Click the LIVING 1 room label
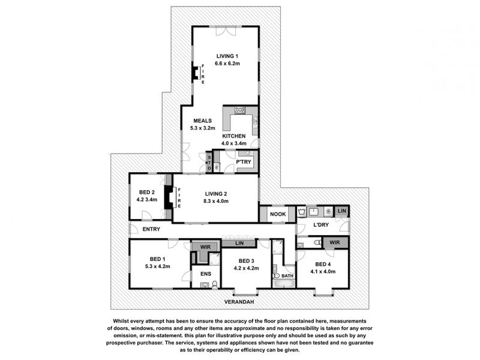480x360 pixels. click(x=227, y=56)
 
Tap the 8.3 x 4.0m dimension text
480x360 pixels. click(x=216, y=201)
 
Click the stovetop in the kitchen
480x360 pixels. click(x=239, y=110)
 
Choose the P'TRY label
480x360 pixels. click(x=244, y=161)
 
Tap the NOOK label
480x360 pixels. click(x=278, y=214)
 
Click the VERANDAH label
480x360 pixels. click(x=239, y=302)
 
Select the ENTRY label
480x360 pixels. click(x=151, y=229)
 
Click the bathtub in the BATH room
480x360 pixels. click(x=284, y=284)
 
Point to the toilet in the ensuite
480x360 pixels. click(x=215, y=284)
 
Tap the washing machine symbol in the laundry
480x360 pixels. click(x=302, y=211)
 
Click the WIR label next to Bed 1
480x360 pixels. click(x=205, y=247)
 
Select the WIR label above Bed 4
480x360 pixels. click(x=335, y=242)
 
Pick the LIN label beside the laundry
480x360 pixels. click(x=341, y=211)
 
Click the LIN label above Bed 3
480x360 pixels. click(x=239, y=243)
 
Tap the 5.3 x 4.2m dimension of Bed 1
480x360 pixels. click(x=157, y=266)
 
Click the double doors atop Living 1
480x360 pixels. click(x=226, y=31)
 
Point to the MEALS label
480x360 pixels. click(x=202, y=121)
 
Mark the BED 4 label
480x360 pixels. click(x=323, y=264)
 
